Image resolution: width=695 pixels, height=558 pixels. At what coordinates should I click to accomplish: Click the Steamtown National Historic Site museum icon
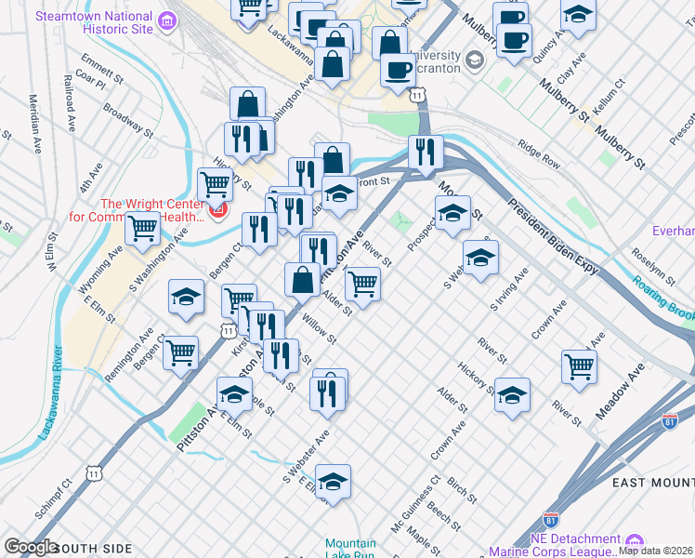tap(166, 20)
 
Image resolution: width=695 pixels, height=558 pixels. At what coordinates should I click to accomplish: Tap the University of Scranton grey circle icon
tap(475, 61)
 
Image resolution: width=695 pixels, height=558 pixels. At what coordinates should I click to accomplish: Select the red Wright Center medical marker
tap(216, 210)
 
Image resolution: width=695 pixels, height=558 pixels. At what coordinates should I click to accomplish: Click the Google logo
tap(31, 547)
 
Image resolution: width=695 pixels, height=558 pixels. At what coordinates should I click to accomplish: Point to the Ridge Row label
tap(540, 153)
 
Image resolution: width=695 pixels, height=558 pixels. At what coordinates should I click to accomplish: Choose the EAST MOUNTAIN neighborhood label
tap(653, 482)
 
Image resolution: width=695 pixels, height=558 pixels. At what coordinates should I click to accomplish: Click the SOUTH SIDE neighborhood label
tap(93, 548)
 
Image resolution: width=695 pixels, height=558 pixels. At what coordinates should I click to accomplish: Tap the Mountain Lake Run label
tap(350, 550)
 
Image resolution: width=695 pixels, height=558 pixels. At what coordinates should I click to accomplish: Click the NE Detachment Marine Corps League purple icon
tap(636, 540)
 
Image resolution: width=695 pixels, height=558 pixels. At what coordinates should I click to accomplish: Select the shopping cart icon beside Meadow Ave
tap(578, 365)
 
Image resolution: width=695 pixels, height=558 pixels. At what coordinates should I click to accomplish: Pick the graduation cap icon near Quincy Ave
tap(578, 14)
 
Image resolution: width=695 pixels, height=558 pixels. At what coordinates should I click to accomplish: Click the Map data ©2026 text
tap(656, 550)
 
